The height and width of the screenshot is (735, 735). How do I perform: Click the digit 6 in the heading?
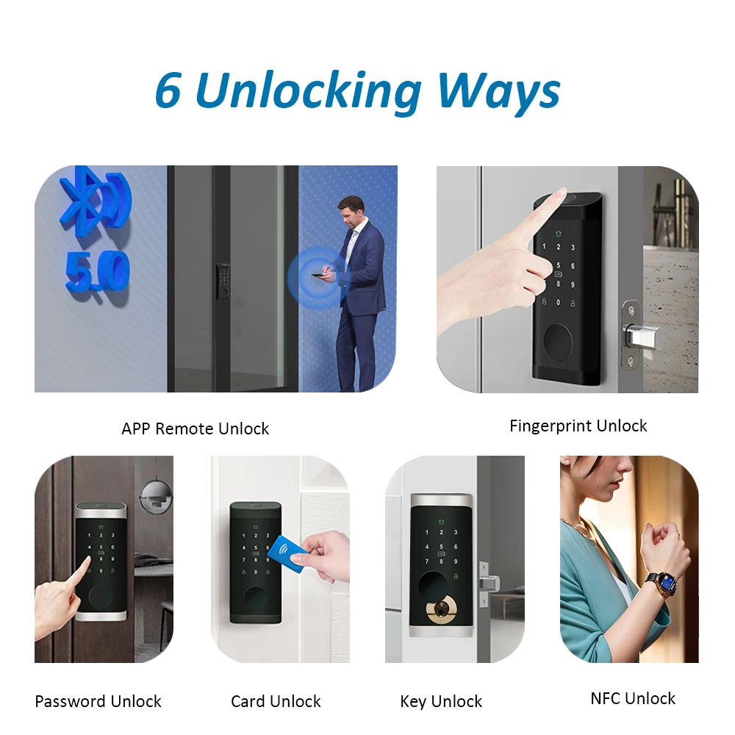[168, 90]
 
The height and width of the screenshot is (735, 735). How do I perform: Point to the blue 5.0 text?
[98, 272]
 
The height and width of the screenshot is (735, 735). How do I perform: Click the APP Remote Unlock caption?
[195, 429]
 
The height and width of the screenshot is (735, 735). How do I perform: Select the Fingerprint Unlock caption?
[578, 426]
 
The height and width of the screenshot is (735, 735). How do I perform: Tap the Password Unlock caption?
[98, 701]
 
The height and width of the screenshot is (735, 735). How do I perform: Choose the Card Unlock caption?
[276, 701]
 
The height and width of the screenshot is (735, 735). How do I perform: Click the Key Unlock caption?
[440, 702]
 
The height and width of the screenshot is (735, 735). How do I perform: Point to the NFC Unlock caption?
[633, 698]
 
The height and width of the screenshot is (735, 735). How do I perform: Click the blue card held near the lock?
[287, 550]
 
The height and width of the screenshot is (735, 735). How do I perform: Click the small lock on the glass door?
[223, 282]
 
